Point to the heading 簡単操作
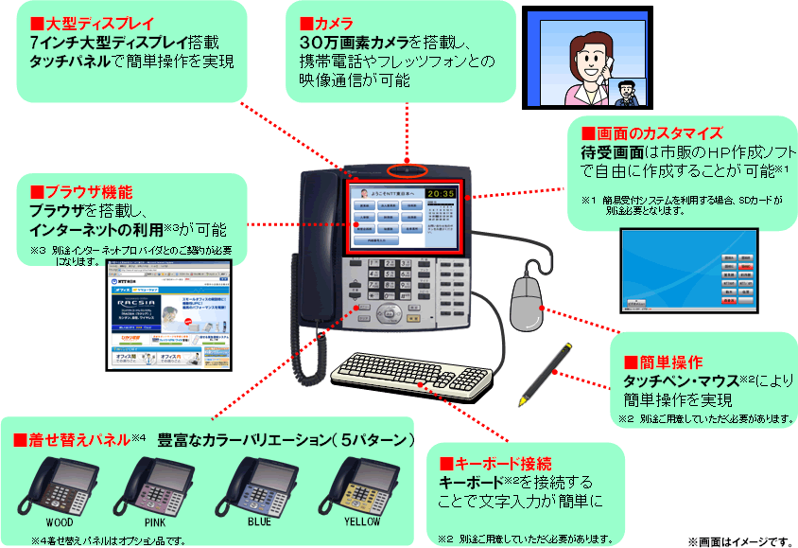pyautogui.click(x=668, y=362)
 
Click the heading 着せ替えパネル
pyautogui.click(x=71, y=440)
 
